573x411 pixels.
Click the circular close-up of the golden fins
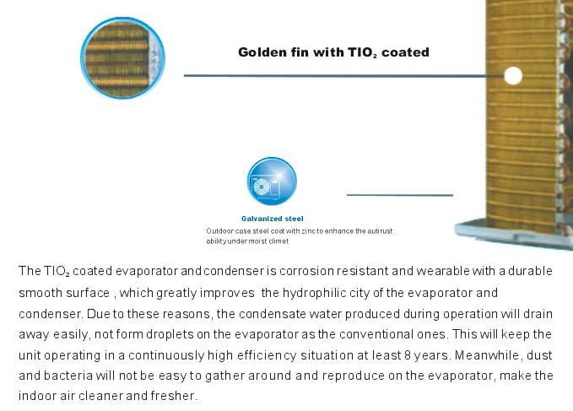tap(122, 58)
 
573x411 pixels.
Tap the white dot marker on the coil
tap(513, 76)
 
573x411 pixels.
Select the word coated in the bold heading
tap(405, 51)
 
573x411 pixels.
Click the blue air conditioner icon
tap(272, 181)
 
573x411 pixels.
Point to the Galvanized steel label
tap(273, 219)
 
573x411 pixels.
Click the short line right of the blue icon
tap(400, 195)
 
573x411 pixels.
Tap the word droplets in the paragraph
tap(170, 334)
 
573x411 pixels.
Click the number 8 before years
tap(408, 355)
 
